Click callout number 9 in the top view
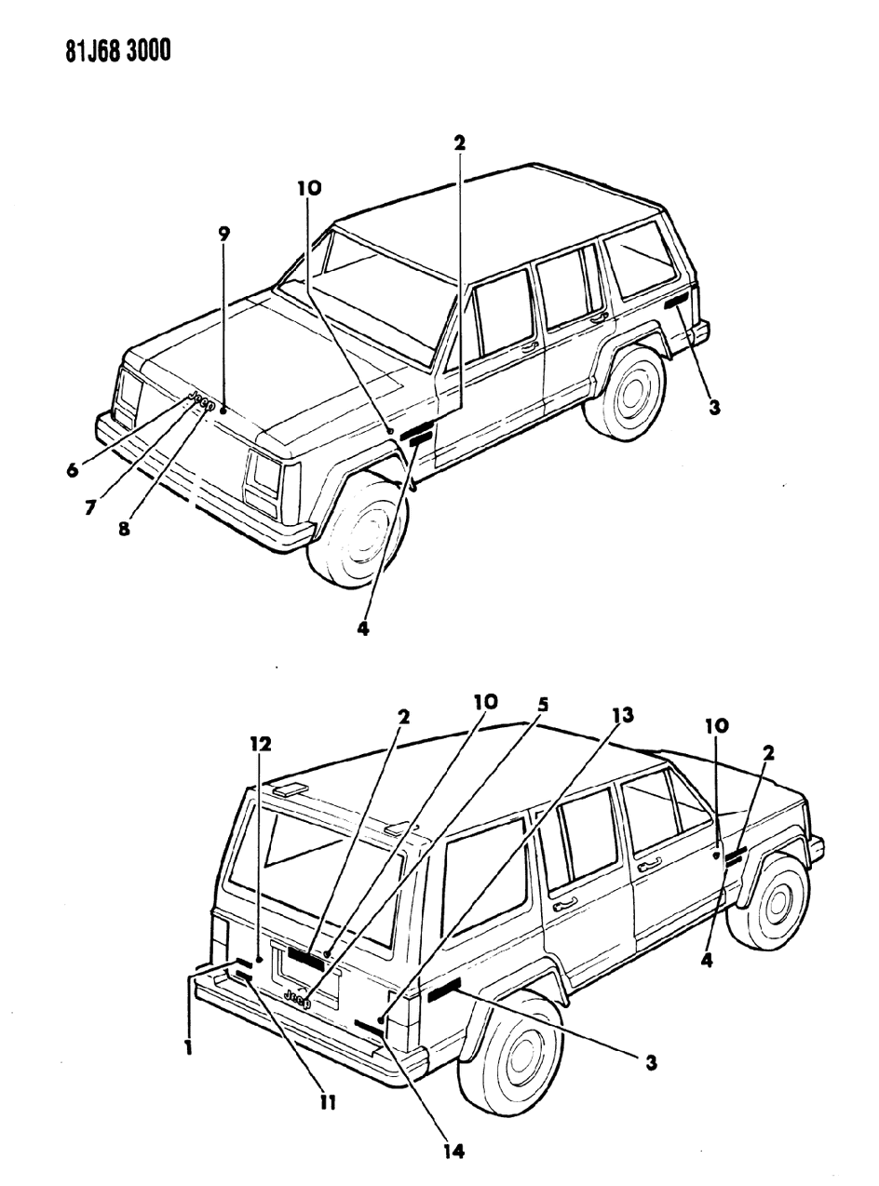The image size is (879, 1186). [223, 234]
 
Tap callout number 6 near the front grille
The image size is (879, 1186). [72, 471]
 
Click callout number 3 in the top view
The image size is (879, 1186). [713, 407]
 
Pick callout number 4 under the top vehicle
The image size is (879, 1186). [362, 628]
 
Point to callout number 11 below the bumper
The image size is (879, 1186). [327, 1103]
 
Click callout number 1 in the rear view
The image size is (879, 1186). [188, 1047]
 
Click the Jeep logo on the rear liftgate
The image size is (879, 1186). [298, 999]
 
